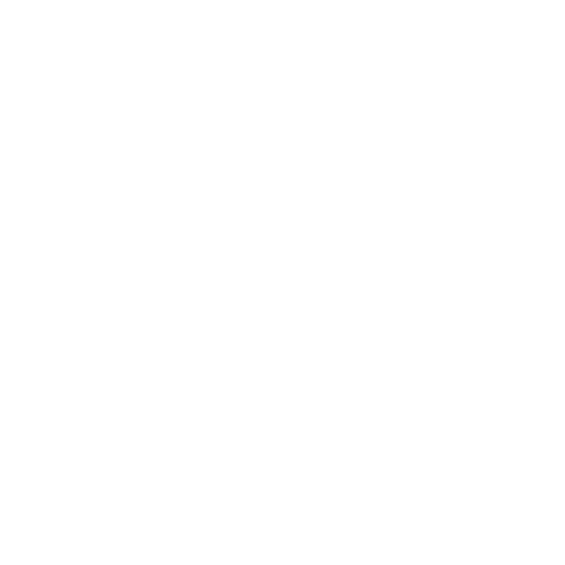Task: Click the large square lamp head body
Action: [338, 274]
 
